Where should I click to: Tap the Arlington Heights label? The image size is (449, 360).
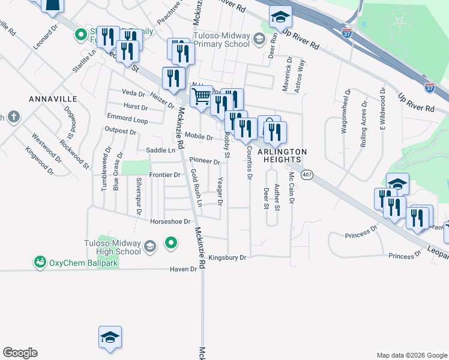[282, 155]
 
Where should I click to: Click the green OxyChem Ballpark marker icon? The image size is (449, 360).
[40, 262]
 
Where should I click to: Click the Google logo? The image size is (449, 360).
[20, 353]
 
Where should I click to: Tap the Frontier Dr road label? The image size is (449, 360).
[164, 175]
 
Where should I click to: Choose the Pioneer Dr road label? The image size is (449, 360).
[205, 161]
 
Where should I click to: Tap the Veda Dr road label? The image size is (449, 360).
[133, 94]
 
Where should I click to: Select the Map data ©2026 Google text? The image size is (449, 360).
[412, 355]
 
